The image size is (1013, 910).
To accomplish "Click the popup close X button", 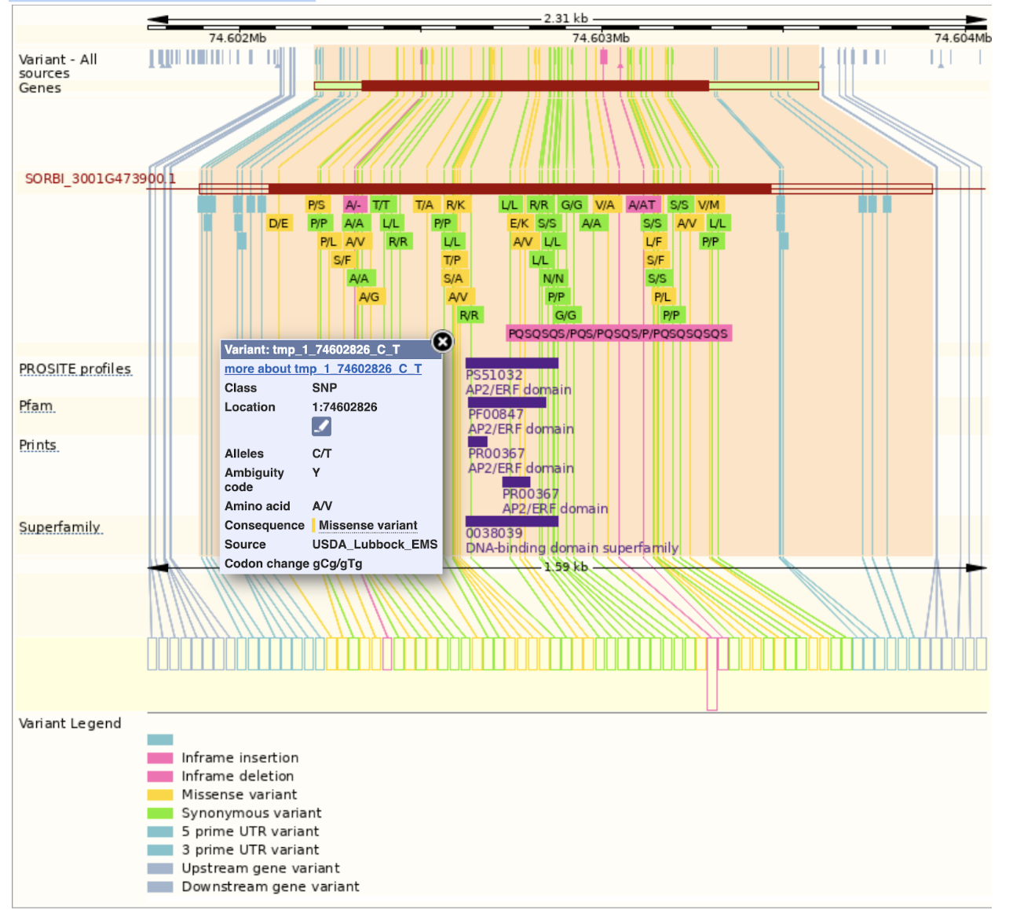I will tap(443, 341).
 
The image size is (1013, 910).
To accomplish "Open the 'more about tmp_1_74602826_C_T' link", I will tap(323, 369).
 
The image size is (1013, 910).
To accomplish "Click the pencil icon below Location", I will tap(321, 426).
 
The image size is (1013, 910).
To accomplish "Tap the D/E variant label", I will tap(278, 223).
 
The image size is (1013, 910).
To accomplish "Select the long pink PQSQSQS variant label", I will tap(618, 333).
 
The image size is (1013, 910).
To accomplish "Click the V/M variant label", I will tap(708, 205).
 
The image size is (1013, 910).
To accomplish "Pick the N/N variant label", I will tap(553, 278).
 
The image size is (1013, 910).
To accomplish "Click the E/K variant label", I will tap(518, 223).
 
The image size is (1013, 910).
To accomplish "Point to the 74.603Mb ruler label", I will tap(600, 38).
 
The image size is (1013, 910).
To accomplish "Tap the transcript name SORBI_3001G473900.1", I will tap(100, 178).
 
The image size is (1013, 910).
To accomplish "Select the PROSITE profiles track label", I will tap(75, 369).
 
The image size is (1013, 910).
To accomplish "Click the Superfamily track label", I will tap(60, 527).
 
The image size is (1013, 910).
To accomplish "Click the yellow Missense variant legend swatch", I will tap(160, 794).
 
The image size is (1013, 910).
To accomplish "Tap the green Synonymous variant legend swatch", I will tap(160, 813).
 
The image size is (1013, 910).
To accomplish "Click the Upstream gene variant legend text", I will tap(261, 868).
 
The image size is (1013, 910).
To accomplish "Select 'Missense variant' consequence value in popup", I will tap(368, 525).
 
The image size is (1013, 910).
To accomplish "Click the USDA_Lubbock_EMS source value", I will tap(375, 544).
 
